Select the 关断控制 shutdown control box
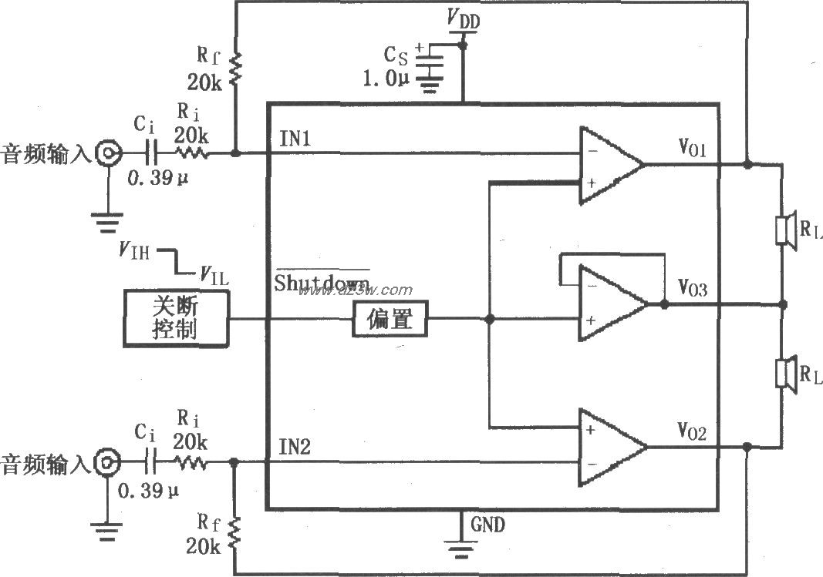[x=175, y=318]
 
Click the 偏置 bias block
[x=390, y=318]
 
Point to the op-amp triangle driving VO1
[x=610, y=165]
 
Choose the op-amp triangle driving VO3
[x=612, y=304]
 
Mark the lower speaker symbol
[x=784, y=374]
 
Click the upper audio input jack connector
[x=106, y=154]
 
